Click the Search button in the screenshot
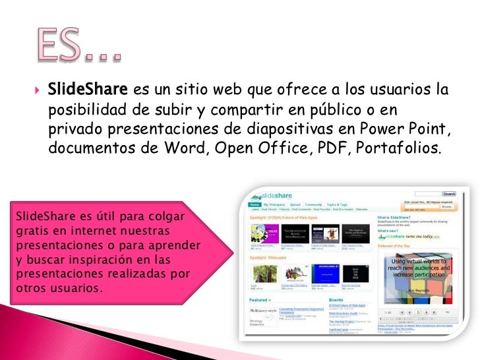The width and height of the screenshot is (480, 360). click(449, 194)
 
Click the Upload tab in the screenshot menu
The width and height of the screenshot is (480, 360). click(295, 204)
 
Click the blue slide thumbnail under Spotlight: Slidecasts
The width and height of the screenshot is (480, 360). click(324, 274)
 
